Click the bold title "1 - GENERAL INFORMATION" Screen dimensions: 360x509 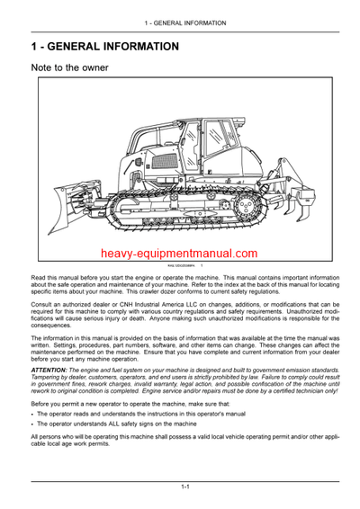pyautogui.click(x=104, y=45)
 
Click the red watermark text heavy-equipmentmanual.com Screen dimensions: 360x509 pyautogui.click(x=179, y=254)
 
